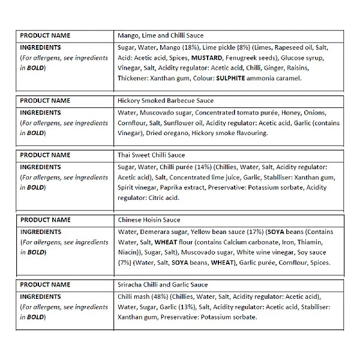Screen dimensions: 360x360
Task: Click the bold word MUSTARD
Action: click(x=206, y=58)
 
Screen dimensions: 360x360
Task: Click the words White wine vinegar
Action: click(x=246, y=251)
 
